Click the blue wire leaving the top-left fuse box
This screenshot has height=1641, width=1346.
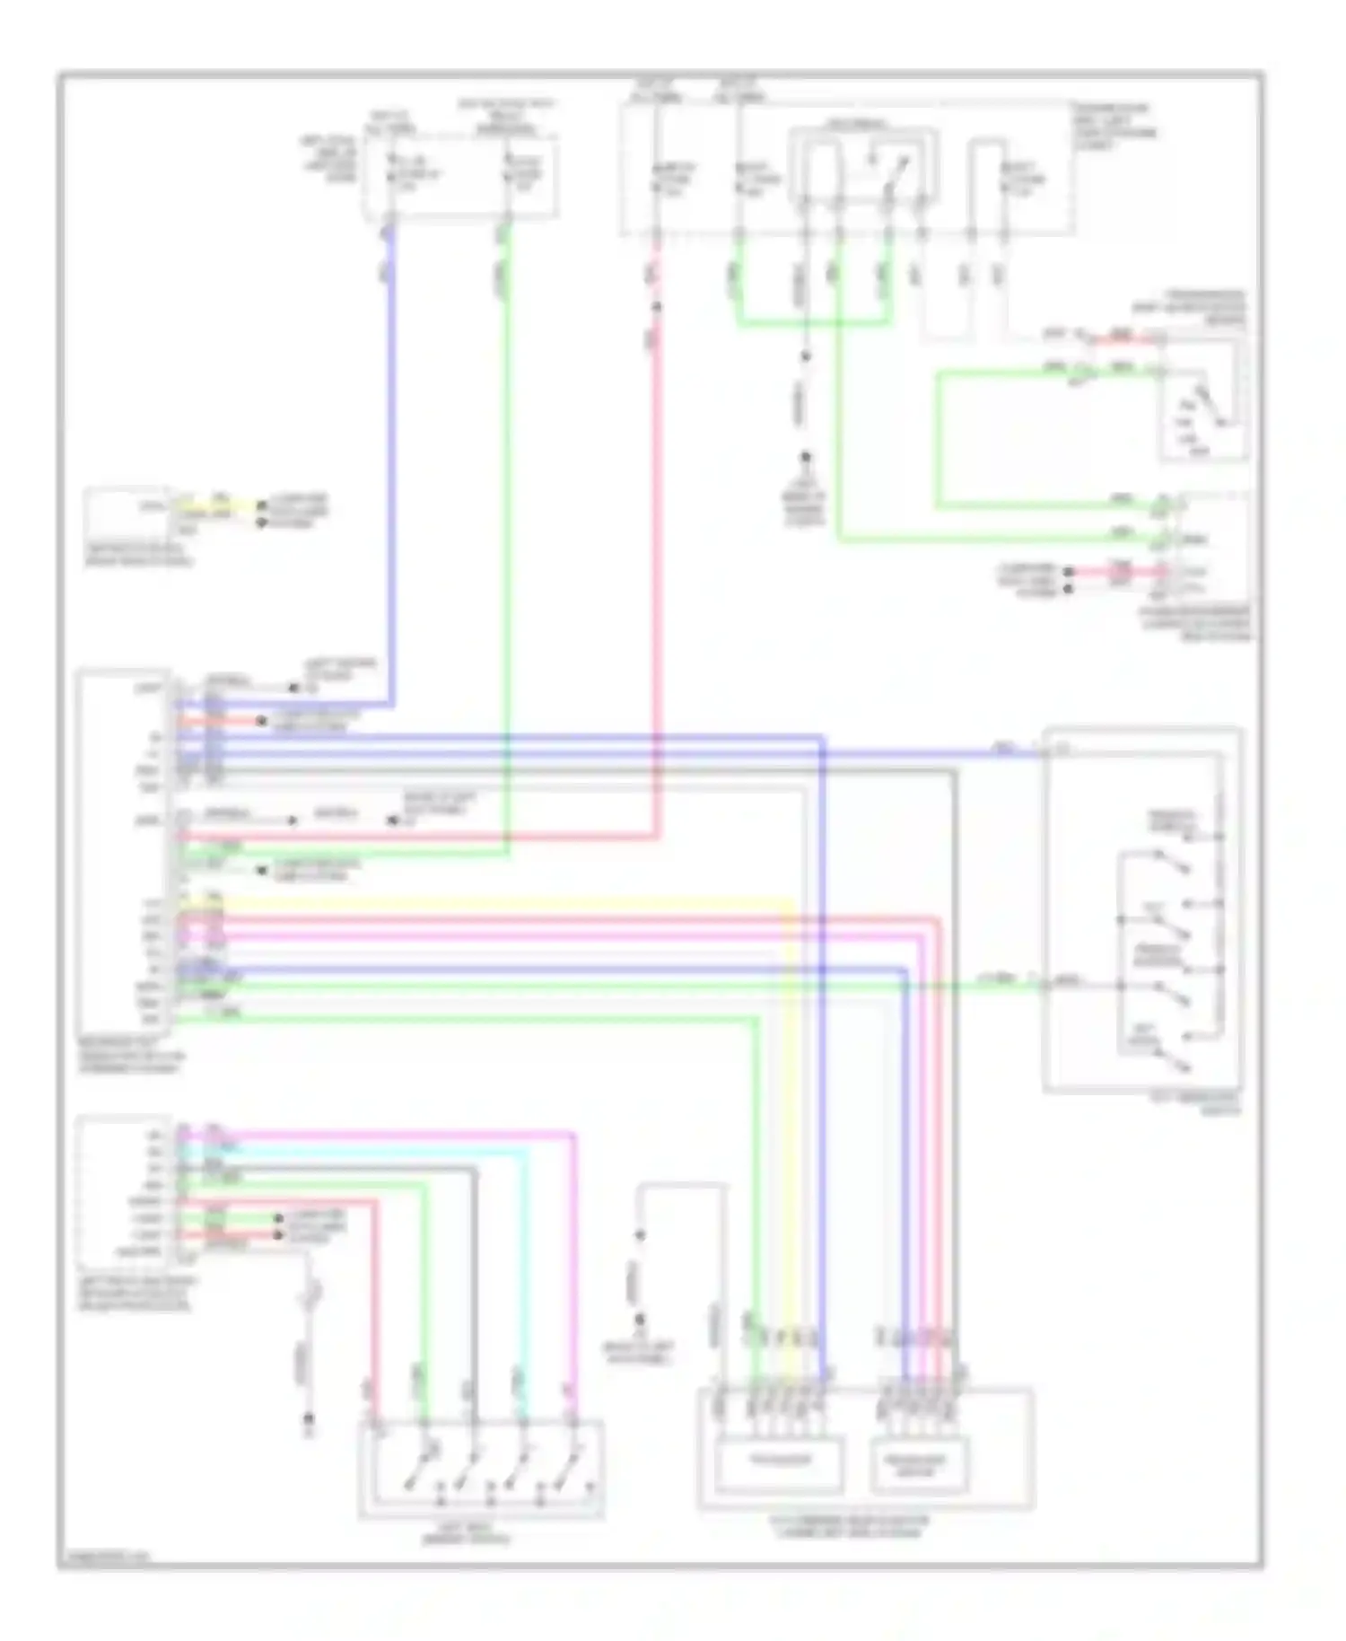coord(392,449)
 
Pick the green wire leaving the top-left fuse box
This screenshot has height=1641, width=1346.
coord(507,539)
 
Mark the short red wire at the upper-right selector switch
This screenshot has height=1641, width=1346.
coord(1122,338)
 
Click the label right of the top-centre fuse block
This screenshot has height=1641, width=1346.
coord(1114,126)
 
